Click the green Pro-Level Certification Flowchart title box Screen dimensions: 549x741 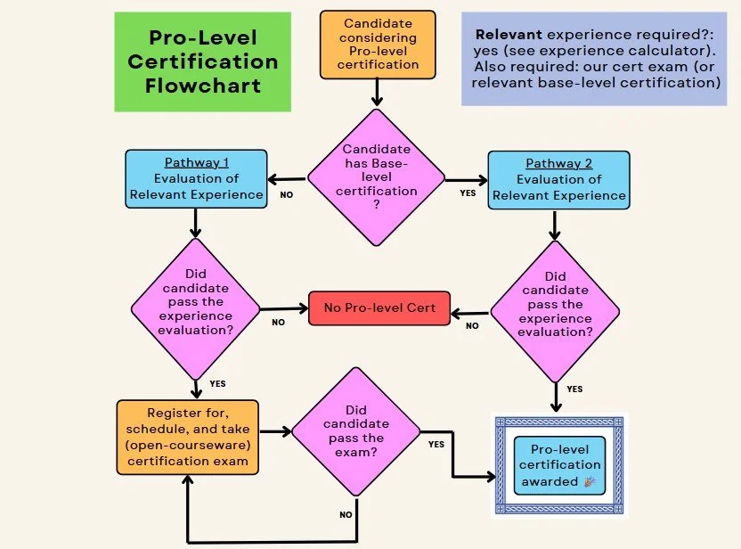(x=202, y=61)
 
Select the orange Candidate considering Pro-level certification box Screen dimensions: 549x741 (x=379, y=44)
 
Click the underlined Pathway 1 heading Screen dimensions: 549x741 (x=196, y=163)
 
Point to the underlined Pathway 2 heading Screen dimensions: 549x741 (x=558, y=163)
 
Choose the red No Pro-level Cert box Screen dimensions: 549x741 (x=379, y=308)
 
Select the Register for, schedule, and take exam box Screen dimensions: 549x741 (x=187, y=438)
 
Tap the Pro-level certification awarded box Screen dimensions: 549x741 (x=559, y=464)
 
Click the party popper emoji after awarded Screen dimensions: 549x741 (x=589, y=482)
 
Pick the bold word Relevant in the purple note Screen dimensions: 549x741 (x=509, y=34)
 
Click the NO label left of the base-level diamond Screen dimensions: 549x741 (x=286, y=193)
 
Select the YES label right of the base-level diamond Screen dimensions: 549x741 (x=468, y=193)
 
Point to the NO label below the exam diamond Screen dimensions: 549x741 (x=346, y=514)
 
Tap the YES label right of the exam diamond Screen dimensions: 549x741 (x=436, y=444)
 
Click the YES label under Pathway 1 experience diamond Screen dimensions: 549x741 (x=217, y=384)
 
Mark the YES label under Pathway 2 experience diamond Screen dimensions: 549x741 (x=574, y=389)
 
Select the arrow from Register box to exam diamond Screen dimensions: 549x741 (x=276, y=432)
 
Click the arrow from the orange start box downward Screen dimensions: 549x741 (x=378, y=91)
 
